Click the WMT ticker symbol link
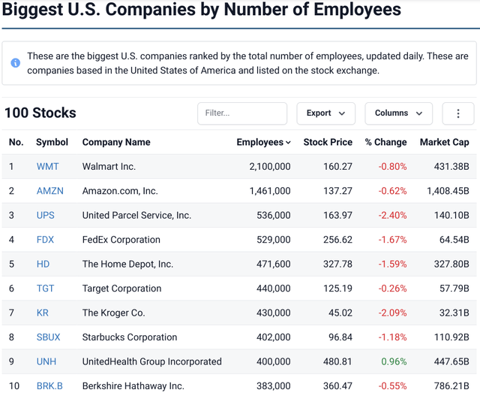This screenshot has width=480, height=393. click(x=47, y=166)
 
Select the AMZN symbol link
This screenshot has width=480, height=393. click(x=49, y=191)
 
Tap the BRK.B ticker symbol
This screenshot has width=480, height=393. click(x=49, y=385)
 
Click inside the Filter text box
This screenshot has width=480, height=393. click(x=241, y=113)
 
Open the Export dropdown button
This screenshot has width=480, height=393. click(x=325, y=113)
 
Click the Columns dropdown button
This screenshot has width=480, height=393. click(x=398, y=113)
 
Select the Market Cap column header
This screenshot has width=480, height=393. click(x=444, y=142)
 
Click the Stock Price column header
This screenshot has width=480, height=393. click(x=328, y=142)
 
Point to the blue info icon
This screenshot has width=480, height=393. click(x=15, y=63)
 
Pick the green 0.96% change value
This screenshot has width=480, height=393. click(x=394, y=361)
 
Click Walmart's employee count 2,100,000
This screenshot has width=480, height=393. click(x=269, y=166)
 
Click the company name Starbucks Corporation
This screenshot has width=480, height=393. click(x=130, y=337)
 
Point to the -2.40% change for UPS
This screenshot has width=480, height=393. click(x=392, y=215)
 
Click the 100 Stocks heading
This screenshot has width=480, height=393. click(x=40, y=113)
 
